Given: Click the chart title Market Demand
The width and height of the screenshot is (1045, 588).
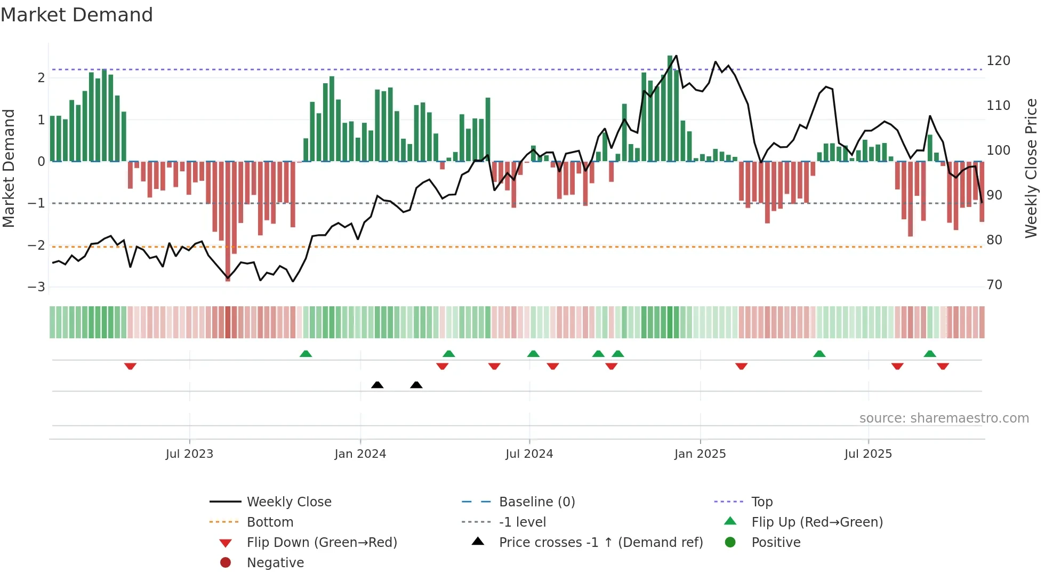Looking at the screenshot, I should coord(77,15).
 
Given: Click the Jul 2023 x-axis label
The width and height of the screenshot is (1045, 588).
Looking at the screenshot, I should coord(189,454).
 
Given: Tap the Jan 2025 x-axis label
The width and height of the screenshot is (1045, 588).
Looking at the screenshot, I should coord(700,454).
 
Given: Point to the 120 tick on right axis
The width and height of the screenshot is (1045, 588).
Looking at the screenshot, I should coord(998,61).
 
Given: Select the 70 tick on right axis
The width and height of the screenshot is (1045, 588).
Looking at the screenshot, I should coord(994,285).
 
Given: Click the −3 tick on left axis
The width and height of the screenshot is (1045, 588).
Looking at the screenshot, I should coord(36,287).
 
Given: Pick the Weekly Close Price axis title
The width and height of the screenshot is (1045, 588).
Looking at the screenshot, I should coord(1031,168).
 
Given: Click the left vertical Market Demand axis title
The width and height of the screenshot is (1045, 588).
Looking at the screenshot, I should coord(9,168).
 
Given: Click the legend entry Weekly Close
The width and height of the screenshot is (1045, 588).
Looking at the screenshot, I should coord(288,502).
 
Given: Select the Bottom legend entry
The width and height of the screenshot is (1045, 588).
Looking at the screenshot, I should coord(270,522).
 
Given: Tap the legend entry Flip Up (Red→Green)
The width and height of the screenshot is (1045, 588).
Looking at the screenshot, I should coord(817,522).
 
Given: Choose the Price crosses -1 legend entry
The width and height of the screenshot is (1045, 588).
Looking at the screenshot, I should coord(600,543).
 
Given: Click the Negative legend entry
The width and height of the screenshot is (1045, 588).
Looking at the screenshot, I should coord(275,563).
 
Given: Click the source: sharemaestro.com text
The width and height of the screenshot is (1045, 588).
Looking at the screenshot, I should coord(944,418).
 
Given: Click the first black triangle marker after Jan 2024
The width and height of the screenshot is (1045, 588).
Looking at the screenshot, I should coord(377,385).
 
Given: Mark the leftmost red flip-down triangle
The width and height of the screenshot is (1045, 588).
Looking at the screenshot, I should coord(130,366).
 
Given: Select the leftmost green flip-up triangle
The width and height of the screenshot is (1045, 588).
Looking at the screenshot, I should coord(306,354).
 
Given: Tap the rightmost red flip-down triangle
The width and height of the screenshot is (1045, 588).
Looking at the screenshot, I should coord(943,366).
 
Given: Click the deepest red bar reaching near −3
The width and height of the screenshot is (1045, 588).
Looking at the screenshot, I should coord(228,224).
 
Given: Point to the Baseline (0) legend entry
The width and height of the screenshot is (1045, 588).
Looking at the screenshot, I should coord(536,502).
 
